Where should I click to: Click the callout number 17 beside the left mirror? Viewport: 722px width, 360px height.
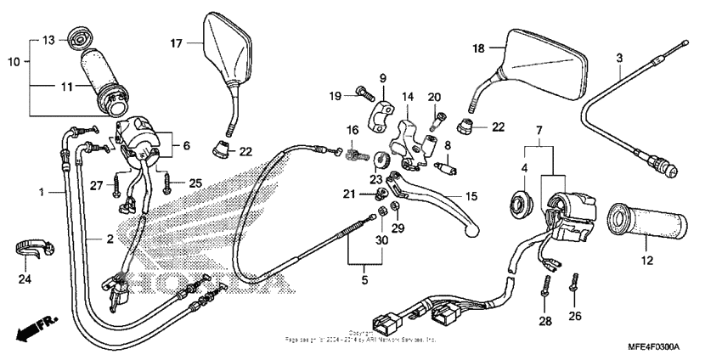176,42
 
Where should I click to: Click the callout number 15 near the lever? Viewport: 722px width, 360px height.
471,196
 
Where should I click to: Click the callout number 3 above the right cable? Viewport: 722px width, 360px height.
619,57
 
